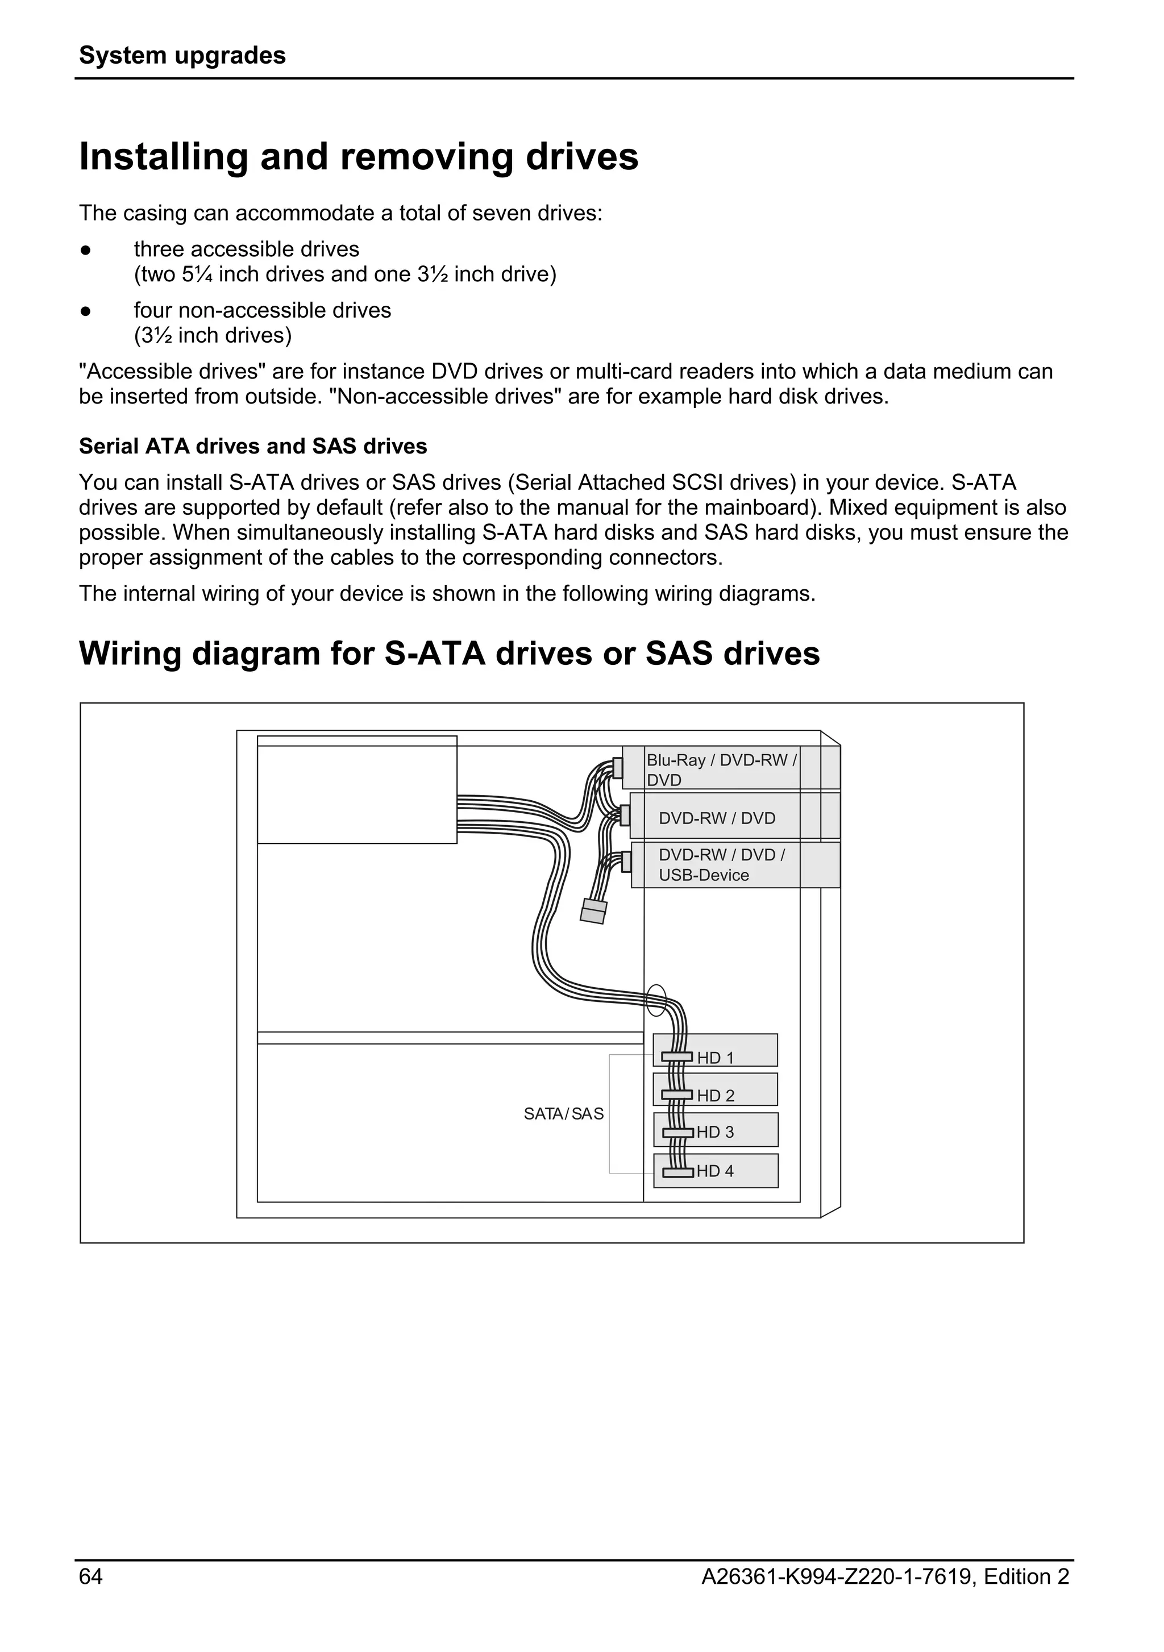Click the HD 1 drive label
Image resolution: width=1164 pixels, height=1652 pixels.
pyautogui.click(x=715, y=1058)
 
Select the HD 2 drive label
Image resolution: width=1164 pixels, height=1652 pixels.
pyautogui.click(x=715, y=1096)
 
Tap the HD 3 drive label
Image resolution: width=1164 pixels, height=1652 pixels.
pyautogui.click(x=714, y=1132)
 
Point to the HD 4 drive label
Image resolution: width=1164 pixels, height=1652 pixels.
pyautogui.click(x=714, y=1171)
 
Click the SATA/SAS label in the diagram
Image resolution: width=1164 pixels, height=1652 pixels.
pyautogui.click(x=563, y=1114)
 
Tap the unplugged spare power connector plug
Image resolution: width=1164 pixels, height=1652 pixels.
pyautogui.click(x=593, y=912)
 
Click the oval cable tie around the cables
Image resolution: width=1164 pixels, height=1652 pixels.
pyautogui.click(x=656, y=1000)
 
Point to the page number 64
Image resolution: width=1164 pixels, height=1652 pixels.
pyautogui.click(x=90, y=1576)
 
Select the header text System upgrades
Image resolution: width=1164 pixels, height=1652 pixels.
pyautogui.click(x=182, y=55)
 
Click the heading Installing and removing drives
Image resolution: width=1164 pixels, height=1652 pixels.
pyautogui.click(x=358, y=157)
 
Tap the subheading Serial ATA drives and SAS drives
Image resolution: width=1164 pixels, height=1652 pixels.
pyautogui.click(x=252, y=446)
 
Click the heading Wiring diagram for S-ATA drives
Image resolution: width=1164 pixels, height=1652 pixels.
pyautogui.click(x=449, y=654)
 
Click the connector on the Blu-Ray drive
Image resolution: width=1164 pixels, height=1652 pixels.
pyautogui.click(x=617, y=768)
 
